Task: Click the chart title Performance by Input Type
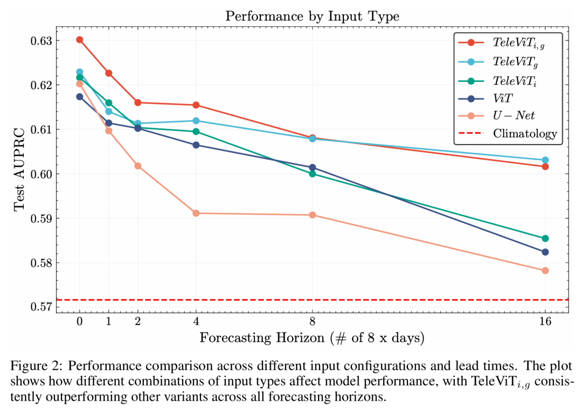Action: click(x=312, y=16)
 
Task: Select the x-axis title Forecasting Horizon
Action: click(x=312, y=338)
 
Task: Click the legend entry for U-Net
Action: click(x=514, y=116)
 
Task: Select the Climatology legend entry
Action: click(x=525, y=133)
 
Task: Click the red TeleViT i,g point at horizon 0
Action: click(x=80, y=40)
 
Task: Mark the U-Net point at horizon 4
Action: click(x=196, y=214)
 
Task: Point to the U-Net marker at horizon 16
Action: click(x=545, y=271)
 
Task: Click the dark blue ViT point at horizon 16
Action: click(x=545, y=252)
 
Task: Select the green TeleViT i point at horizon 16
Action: click(x=545, y=238)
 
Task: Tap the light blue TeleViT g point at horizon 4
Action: click(x=196, y=121)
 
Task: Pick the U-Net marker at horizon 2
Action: click(x=138, y=166)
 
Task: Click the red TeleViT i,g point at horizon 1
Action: click(x=109, y=73)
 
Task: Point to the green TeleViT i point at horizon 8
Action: click(x=313, y=174)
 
